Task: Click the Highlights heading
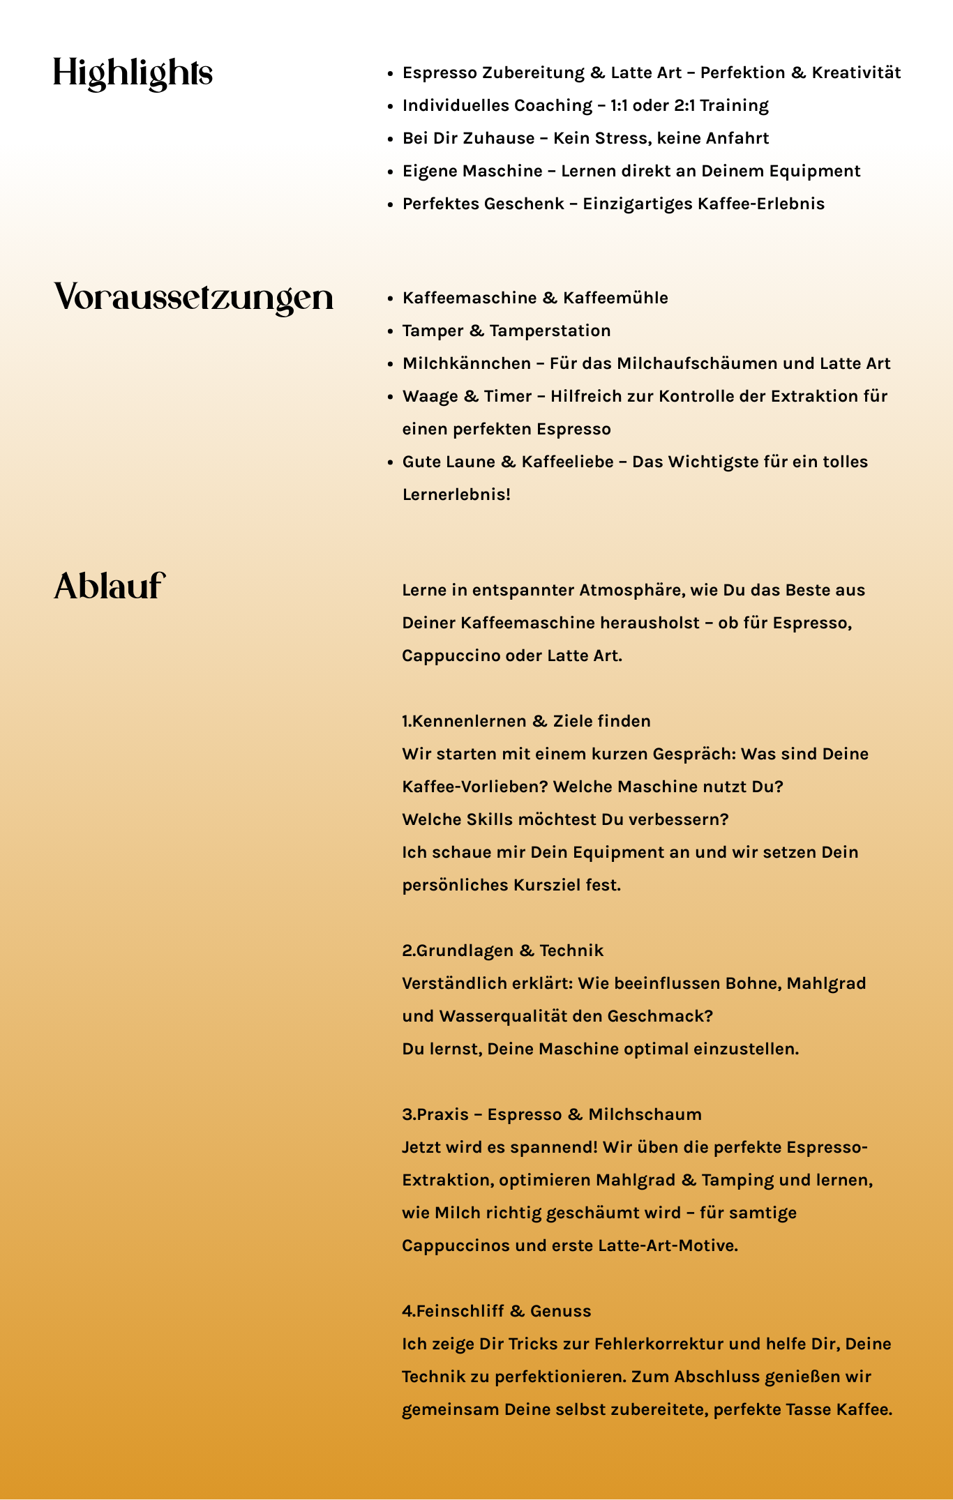pos(133,73)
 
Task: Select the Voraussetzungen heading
pos(194,298)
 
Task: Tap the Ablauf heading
pos(110,586)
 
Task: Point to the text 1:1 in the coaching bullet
pos(619,105)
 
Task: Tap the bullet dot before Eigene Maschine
pos(391,172)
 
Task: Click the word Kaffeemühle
pos(615,298)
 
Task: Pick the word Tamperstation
pos(550,331)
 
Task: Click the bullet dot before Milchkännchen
pos(391,364)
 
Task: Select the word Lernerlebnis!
pos(456,494)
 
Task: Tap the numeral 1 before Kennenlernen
pos(405,721)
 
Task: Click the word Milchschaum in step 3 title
pos(645,1114)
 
